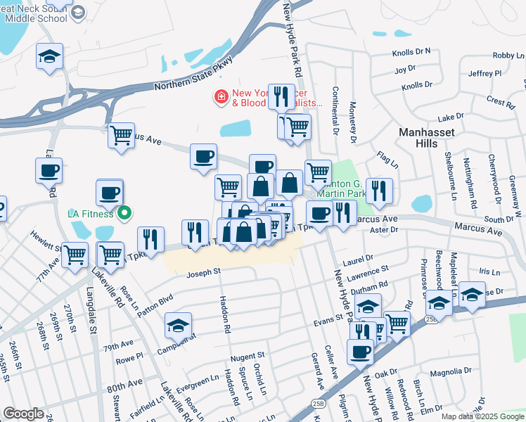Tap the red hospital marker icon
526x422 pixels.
(x=222, y=96)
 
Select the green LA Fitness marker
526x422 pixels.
(x=124, y=211)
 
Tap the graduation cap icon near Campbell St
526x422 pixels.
(x=178, y=326)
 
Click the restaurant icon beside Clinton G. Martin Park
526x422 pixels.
(x=379, y=190)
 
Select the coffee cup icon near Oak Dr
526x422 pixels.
(x=361, y=352)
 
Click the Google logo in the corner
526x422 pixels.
(x=23, y=414)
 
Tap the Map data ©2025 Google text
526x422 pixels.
(x=482, y=416)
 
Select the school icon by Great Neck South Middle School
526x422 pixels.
(x=49, y=56)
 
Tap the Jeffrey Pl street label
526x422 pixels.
(x=485, y=73)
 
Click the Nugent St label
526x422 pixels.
(x=247, y=357)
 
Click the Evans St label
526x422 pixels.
(x=328, y=320)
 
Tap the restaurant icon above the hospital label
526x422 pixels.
(x=281, y=96)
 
